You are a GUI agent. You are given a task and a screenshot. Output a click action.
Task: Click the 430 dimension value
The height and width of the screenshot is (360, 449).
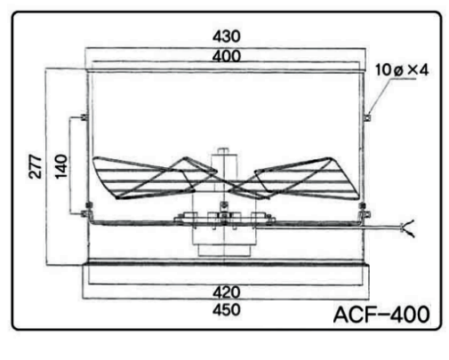[x=227, y=36]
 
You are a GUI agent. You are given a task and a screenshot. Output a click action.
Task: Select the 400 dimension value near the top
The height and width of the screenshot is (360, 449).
[x=227, y=56]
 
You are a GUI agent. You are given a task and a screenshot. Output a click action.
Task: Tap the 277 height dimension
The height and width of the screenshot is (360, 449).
[x=36, y=166]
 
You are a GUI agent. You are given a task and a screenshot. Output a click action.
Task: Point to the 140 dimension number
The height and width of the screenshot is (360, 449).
[x=61, y=166]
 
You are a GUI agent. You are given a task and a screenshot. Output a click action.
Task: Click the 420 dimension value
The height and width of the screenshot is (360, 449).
[x=227, y=292]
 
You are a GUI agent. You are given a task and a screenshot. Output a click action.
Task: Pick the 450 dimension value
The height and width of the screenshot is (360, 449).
[x=227, y=310]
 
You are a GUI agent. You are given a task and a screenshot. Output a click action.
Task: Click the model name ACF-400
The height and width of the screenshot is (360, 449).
[x=381, y=315]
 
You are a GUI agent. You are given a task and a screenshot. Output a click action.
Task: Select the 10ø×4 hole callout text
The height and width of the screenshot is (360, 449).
[x=402, y=70]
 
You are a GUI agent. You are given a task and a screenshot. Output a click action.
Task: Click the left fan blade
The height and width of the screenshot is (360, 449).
[x=154, y=178]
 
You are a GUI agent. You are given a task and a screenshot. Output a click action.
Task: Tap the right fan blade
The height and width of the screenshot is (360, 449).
[x=296, y=179]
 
